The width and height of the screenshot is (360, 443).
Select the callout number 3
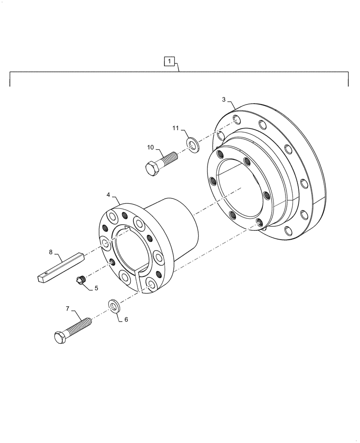tap(224, 100)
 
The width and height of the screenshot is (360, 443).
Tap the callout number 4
tap(108, 194)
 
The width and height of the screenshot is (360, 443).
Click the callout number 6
tap(126, 319)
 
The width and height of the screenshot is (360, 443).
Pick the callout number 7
tap(68, 309)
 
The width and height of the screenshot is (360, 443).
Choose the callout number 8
tap(51, 252)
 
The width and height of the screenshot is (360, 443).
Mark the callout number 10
tap(150, 147)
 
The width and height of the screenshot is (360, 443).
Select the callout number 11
tap(176, 128)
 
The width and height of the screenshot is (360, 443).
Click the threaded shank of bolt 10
tap(168, 159)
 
